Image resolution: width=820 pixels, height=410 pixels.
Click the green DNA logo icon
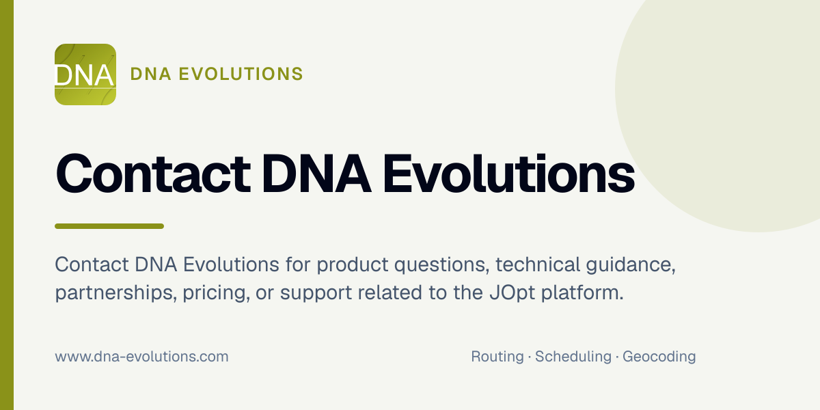[85, 74]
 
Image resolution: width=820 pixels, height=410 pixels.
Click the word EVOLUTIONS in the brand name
[241, 74]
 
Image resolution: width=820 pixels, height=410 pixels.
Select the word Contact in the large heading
[153, 173]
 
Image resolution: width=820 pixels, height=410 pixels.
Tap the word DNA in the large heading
[316, 174]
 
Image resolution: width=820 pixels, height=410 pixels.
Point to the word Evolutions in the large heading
[509, 173]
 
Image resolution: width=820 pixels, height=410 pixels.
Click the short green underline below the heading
[109, 226]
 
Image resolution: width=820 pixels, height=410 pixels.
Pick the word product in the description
[352, 265]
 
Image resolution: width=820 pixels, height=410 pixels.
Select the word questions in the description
[442, 266]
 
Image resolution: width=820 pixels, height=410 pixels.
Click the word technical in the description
[538, 264]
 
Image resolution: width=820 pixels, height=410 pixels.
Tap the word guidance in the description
[631, 266]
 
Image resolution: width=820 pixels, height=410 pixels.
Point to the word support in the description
[316, 294]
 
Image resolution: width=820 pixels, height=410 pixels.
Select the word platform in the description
[582, 292]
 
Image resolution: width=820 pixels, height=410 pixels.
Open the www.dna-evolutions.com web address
[141, 357]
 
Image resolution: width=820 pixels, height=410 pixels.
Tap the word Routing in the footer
[497, 357]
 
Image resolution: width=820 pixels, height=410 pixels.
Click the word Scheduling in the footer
[573, 357]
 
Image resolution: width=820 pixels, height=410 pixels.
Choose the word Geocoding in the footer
[659, 357]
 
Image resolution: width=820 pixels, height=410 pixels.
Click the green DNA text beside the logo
[151, 74]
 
